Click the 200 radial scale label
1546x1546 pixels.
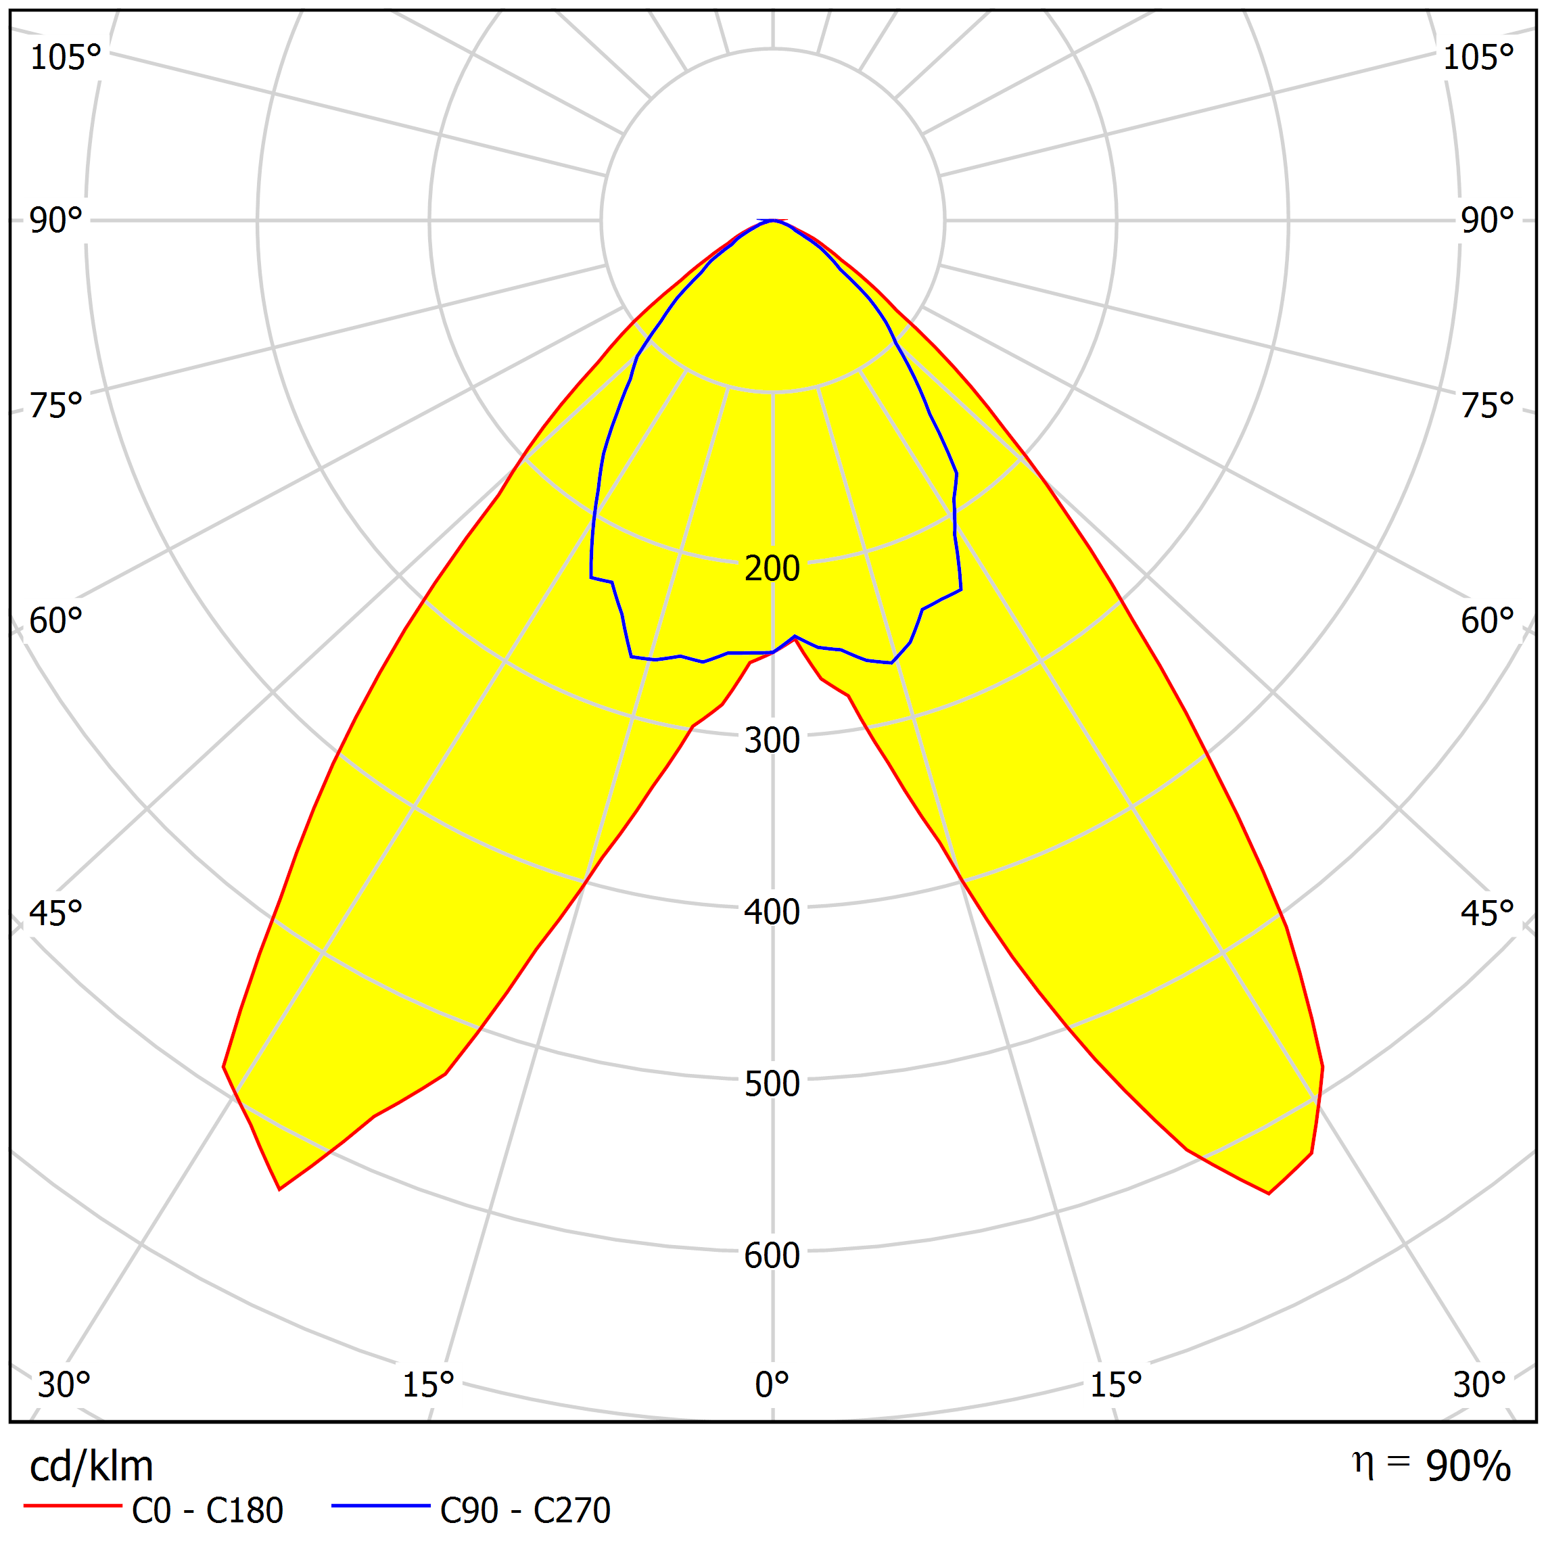pos(772,569)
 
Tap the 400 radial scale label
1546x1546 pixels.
pos(772,913)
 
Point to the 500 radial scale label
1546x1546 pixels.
pos(772,1084)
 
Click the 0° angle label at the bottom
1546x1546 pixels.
pos(772,1385)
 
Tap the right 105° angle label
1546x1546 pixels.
pos(1478,58)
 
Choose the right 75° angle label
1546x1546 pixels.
pos(1486,406)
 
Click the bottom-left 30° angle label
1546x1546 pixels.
pos(64,1385)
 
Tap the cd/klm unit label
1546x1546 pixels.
pos(91,1467)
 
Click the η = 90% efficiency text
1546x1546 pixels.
pos(1431,1465)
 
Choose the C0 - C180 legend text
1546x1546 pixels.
pos(207,1511)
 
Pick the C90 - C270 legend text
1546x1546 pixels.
pos(525,1511)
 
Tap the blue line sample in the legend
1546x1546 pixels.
pos(381,1506)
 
